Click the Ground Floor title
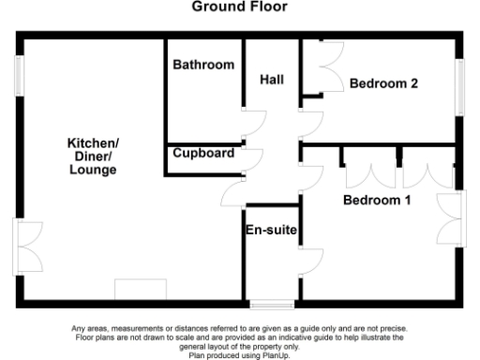pyautogui.click(x=239, y=7)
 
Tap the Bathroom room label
pyautogui.click(x=202, y=66)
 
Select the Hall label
pyautogui.click(x=272, y=80)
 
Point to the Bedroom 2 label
pyautogui.click(x=383, y=83)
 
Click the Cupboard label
pyautogui.click(x=203, y=152)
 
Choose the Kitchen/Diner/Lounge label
pyautogui.click(x=92, y=157)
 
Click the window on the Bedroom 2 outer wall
pyautogui.click(x=460, y=87)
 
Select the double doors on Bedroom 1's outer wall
pyautogui.click(x=453, y=209)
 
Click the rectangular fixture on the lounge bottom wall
pyautogui.click(x=140, y=290)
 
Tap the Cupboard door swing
pyautogui.click(x=251, y=158)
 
